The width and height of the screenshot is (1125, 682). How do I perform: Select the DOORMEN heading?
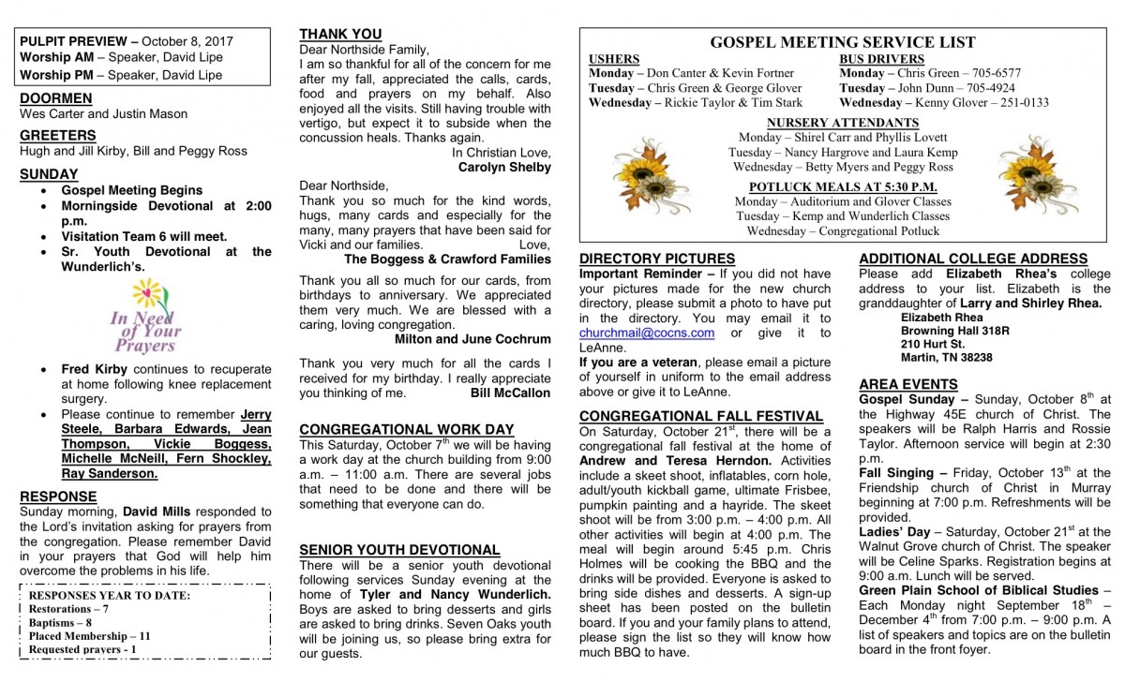point(55,98)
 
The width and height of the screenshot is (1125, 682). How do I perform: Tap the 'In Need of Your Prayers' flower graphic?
point(146,318)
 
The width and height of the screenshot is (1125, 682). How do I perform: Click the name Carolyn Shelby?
point(504,168)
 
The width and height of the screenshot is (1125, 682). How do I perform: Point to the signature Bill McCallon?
point(510,393)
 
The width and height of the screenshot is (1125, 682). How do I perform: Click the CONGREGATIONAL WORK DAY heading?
point(406,430)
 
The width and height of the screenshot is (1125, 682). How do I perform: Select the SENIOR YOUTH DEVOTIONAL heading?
point(399,550)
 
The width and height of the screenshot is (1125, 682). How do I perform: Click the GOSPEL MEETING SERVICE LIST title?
point(842,42)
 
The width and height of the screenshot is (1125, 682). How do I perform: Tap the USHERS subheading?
point(613,59)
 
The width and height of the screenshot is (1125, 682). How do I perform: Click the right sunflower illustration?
point(1037,174)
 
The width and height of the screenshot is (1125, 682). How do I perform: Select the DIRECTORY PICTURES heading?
point(656,259)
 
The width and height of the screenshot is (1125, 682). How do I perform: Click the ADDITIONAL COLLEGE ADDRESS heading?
point(972,259)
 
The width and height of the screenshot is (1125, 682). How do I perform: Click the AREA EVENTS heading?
point(907,384)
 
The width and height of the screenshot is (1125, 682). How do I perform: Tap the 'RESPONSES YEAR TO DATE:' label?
point(110,595)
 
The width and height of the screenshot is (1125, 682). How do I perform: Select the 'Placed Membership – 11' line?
point(89,635)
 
